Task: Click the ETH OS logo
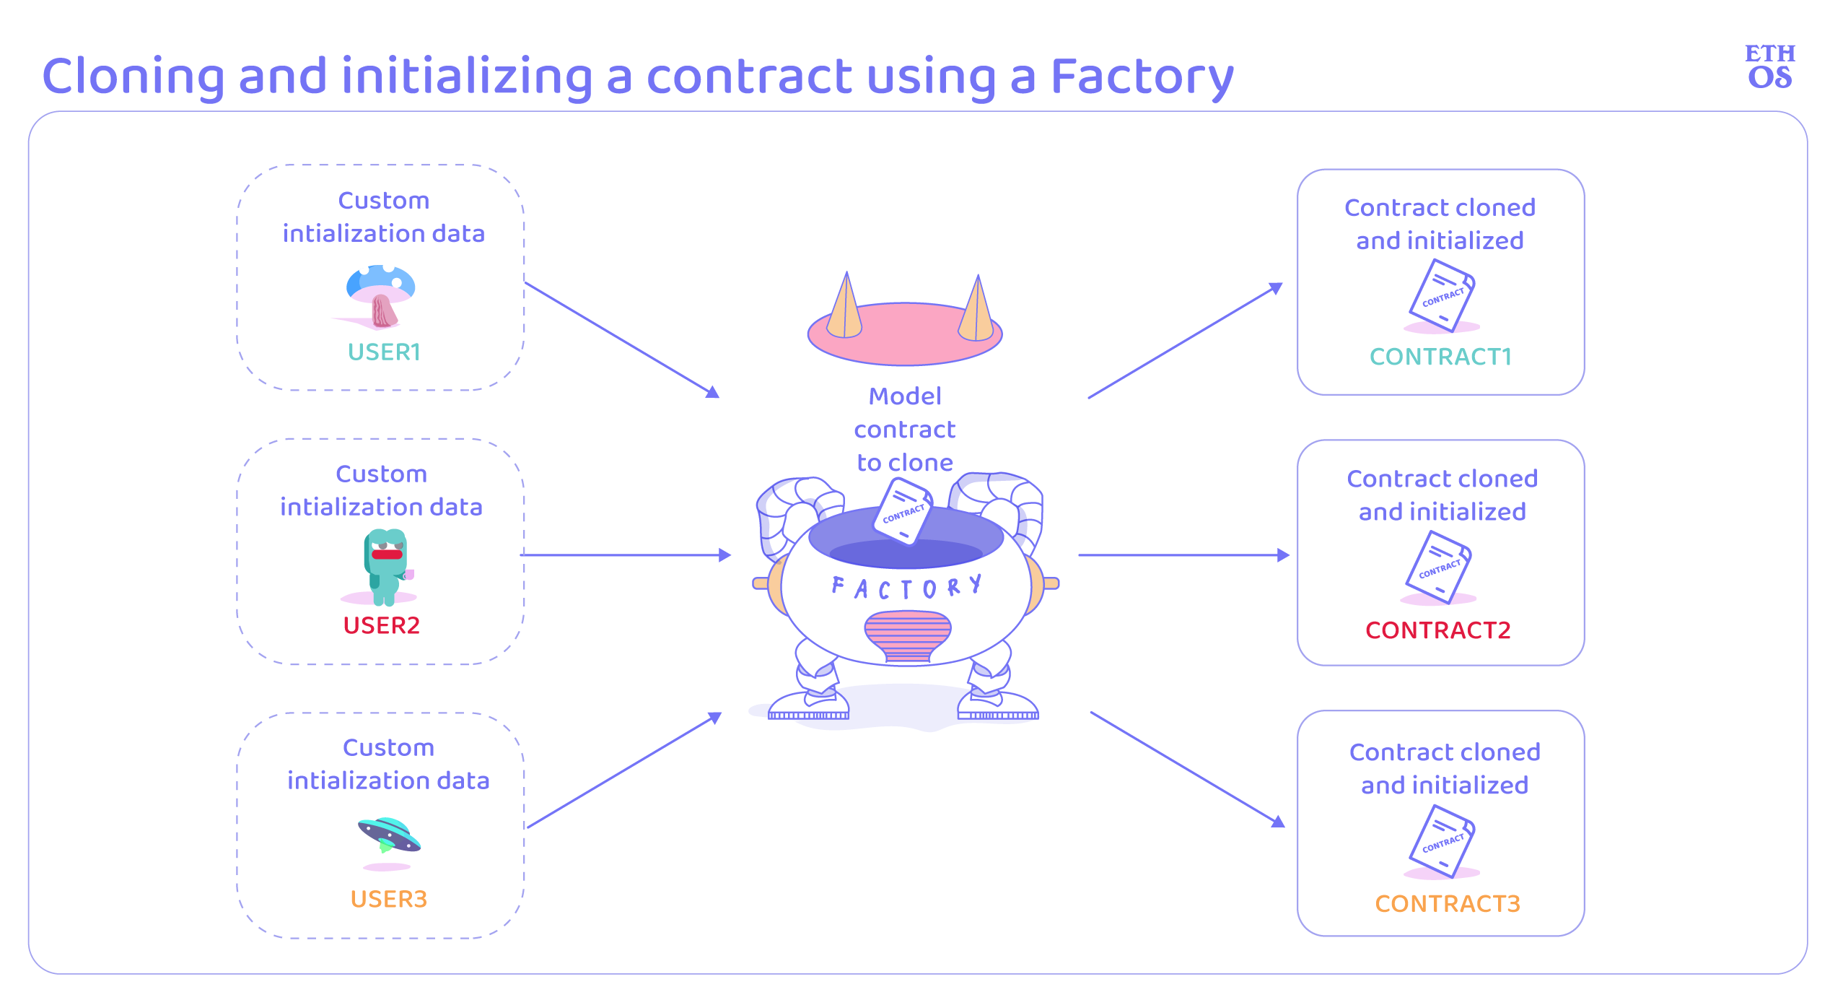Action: [1769, 66]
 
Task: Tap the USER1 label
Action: [384, 352]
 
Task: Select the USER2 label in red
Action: [381, 625]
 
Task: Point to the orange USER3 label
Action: [388, 899]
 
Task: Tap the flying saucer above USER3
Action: [389, 835]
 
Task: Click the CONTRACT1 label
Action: [1440, 357]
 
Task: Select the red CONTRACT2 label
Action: [1437, 630]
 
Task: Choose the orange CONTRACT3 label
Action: [1447, 904]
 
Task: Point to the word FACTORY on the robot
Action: [906, 587]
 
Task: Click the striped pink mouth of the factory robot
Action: [907, 636]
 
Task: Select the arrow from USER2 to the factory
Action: [626, 555]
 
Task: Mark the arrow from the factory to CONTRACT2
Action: [1184, 555]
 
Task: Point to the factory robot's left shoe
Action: [809, 705]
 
